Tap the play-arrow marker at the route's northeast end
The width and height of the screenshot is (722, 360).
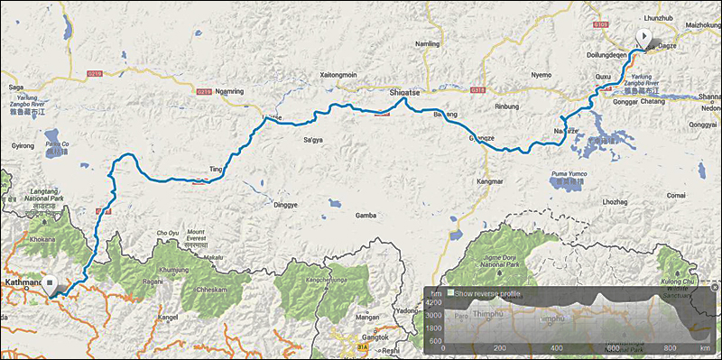[x=643, y=37]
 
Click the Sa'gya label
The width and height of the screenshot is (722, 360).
[x=312, y=140]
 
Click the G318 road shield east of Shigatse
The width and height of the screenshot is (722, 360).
[x=477, y=90]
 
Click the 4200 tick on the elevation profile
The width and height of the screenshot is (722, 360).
[x=435, y=304]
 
